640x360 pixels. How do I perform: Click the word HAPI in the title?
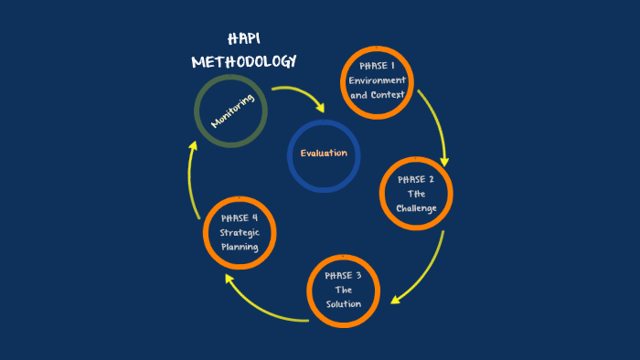pos(243,39)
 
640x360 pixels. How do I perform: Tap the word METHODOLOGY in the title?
pos(244,62)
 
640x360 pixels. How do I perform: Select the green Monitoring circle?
pos(231,110)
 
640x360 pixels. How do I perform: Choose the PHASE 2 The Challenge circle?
pos(416,194)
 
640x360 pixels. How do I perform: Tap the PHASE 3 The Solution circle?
pos(343,292)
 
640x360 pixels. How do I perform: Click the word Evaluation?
pos(324,153)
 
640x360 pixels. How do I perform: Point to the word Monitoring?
pos(231,110)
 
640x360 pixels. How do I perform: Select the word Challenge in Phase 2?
pos(416,208)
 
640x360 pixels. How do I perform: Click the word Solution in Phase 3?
pos(344,304)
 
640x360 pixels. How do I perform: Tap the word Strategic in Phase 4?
pos(239,232)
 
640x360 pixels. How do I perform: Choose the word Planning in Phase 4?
pos(239,247)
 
